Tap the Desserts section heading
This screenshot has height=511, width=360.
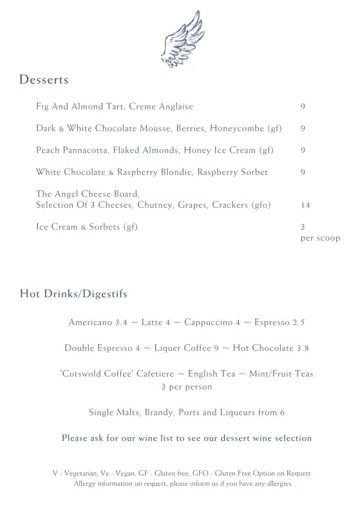click(x=44, y=80)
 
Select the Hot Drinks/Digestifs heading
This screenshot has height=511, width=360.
click(x=73, y=294)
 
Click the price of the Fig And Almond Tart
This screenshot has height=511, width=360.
click(x=303, y=107)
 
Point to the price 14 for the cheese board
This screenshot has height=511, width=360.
click(x=305, y=205)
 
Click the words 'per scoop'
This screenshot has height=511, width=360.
click(x=320, y=238)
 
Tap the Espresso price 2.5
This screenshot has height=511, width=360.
click(x=298, y=322)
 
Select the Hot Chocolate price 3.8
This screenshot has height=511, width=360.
click(x=303, y=348)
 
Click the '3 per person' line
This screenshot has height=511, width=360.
click(x=186, y=387)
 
